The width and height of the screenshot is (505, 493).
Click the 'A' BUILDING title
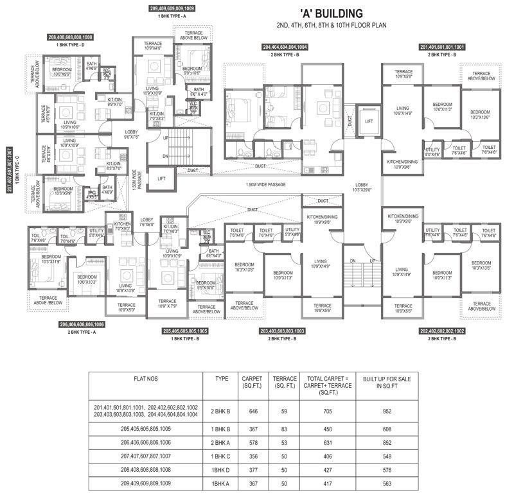click(332, 13)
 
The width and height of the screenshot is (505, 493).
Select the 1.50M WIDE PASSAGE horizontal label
click(265, 185)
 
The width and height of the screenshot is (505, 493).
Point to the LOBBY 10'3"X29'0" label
click(361, 188)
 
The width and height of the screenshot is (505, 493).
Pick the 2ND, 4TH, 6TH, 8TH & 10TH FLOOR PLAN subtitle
click(332, 26)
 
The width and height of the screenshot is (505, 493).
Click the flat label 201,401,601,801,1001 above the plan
click(446, 48)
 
